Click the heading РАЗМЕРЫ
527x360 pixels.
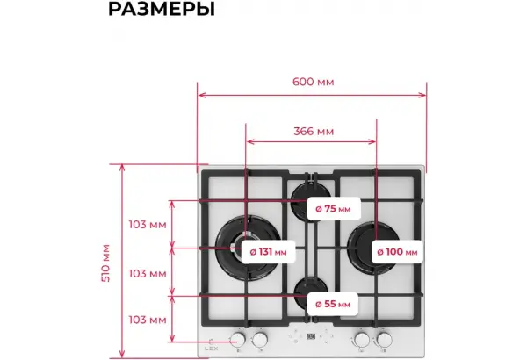click(162, 9)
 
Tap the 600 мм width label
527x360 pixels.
click(314, 82)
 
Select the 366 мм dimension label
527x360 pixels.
click(314, 131)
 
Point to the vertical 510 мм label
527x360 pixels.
click(106, 263)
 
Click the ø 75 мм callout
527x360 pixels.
click(334, 209)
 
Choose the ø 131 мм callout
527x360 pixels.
click(268, 252)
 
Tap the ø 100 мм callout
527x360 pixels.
click(397, 252)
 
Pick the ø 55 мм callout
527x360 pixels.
click(332, 304)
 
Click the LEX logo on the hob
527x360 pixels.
click(212, 349)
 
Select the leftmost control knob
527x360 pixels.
click(238, 340)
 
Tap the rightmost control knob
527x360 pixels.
click(384, 340)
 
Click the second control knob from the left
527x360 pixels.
click(260, 340)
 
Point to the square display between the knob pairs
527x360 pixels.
click(311, 336)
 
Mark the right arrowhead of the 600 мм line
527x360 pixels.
click(423, 95)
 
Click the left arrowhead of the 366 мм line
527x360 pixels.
click(249, 141)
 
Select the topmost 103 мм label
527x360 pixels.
click(148, 225)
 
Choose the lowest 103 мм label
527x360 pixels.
click(148, 320)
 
